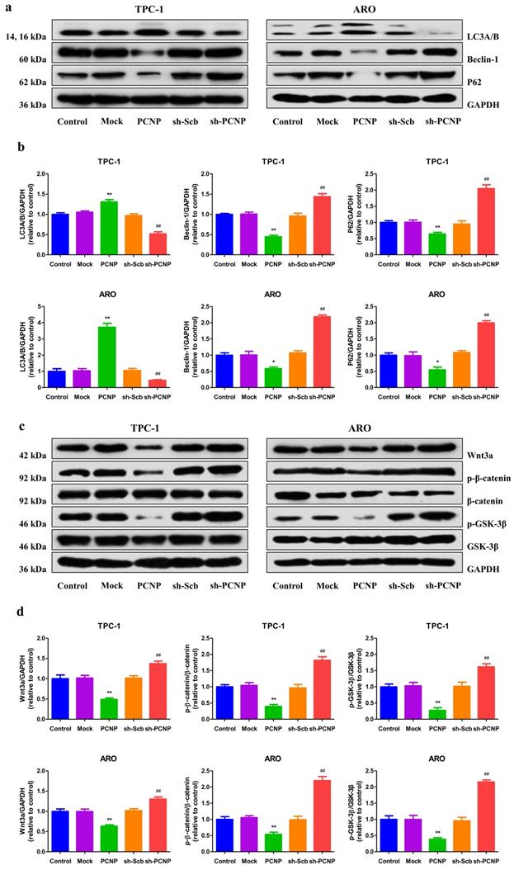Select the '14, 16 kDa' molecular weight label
(26, 37)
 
